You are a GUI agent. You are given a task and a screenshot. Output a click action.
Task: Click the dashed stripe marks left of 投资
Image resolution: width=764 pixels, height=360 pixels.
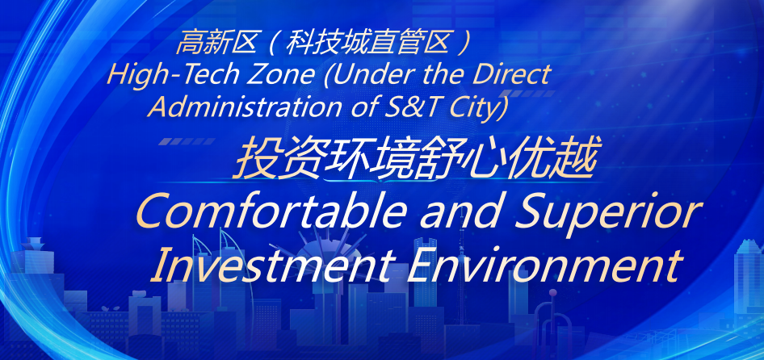point(187,141)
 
